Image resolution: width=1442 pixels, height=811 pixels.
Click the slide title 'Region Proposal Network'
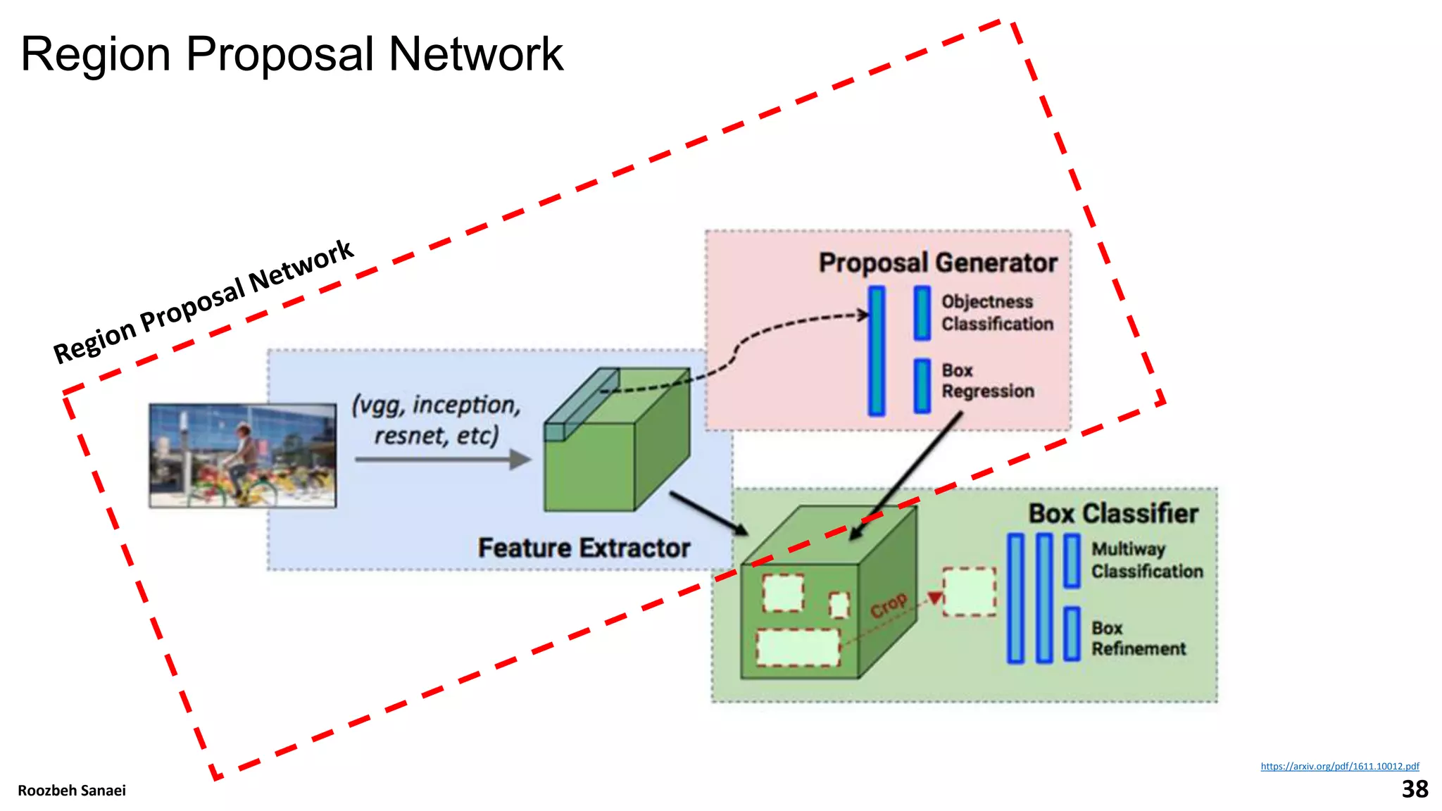click(x=291, y=54)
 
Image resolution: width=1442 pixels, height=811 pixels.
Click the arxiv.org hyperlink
click(x=1339, y=766)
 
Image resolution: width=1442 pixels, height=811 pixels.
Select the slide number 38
click(x=1415, y=789)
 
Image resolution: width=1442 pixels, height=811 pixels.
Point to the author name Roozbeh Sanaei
click(x=72, y=791)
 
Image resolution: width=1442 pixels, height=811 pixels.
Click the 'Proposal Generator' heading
click(x=937, y=263)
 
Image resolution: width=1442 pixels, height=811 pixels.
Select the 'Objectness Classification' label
click(x=997, y=313)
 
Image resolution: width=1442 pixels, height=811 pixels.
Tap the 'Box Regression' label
click(x=987, y=381)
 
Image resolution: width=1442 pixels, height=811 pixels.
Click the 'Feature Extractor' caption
click(x=584, y=548)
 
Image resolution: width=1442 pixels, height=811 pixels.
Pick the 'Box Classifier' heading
click(x=1112, y=513)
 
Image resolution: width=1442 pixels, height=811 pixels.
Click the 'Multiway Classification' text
click(x=1146, y=560)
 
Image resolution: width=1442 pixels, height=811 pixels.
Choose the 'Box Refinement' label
click(x=1138, y=638)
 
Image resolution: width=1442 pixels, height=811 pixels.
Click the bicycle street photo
click(x=242, y=455)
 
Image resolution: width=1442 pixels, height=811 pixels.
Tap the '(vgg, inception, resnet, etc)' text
click(x=437, y=420)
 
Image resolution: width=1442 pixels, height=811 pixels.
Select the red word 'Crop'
click(x=889, y=605)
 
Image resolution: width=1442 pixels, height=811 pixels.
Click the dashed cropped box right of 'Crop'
click(x=970, y=592)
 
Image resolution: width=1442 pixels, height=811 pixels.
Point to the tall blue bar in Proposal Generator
click(x=876, y=350)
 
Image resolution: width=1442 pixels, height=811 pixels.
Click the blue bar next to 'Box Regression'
click(x=922, y=386)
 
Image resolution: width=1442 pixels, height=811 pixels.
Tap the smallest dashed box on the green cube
click(x=839, y=605)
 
